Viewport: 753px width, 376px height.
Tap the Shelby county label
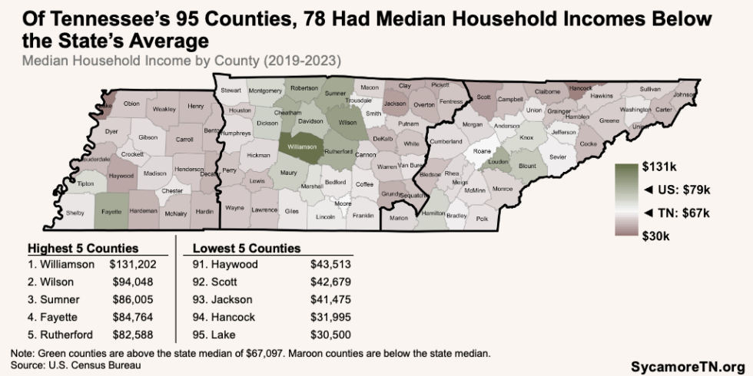point(75,213)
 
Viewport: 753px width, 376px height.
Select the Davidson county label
point(310,121)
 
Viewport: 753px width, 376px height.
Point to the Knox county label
point(526,138)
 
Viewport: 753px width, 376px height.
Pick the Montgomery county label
point(267,91)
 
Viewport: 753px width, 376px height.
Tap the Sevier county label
point(557,157)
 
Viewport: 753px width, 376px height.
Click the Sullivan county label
point(650,90)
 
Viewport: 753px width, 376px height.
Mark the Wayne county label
point(234,207)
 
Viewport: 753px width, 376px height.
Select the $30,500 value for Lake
point(331,335)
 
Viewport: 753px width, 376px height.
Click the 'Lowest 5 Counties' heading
point(246,249)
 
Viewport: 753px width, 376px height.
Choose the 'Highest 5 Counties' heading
point(83,249)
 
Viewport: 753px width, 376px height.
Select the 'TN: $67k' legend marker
point(676,213)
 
